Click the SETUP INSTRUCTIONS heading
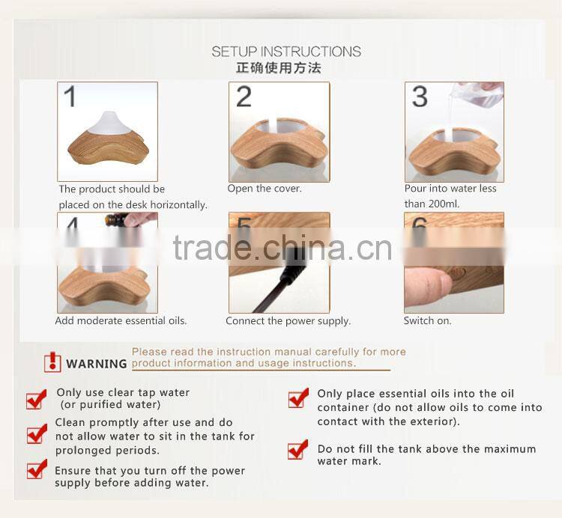(285, 52)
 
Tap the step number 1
(70, 97)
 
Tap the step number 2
(244, 97)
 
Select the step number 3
(420, 97)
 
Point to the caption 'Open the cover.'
(265, 189)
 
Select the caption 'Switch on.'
(427, 321)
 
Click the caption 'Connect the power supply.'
(288, 321)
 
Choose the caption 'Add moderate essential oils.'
(121, 321)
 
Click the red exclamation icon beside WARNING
(52, 363)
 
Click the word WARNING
(97, 365)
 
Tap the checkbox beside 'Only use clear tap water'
(36, 400)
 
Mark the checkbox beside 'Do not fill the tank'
(297, 450)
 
